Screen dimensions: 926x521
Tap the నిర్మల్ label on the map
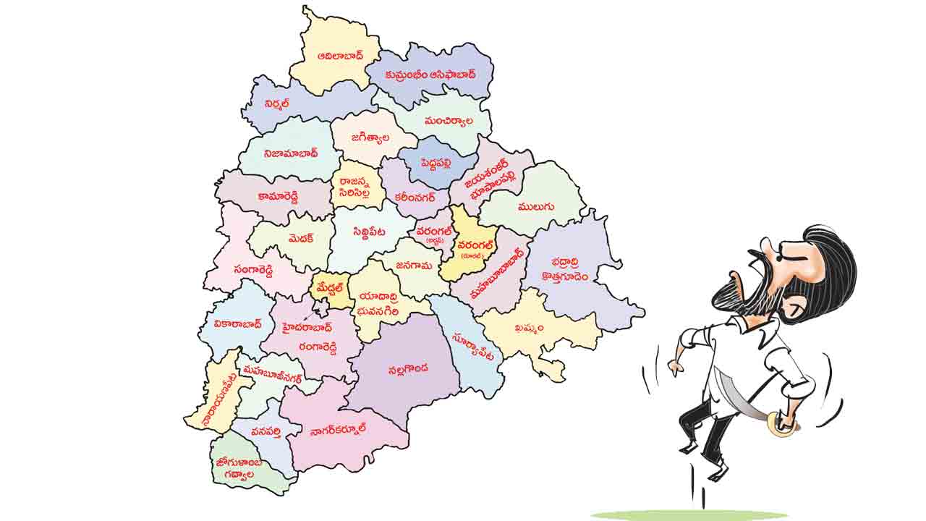(x=276, y=103)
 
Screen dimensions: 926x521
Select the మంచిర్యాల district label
(x=449, y=120)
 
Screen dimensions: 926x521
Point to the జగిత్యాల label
(x=370, y=137)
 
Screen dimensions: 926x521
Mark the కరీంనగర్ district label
(x=415, y=196)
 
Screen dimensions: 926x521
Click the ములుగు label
(x=536, y=208)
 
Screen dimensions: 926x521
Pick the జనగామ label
(x=414, y=266)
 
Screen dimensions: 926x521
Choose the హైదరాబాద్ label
(x=312, y=327)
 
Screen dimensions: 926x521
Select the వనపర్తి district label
(x=266, y=433)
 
